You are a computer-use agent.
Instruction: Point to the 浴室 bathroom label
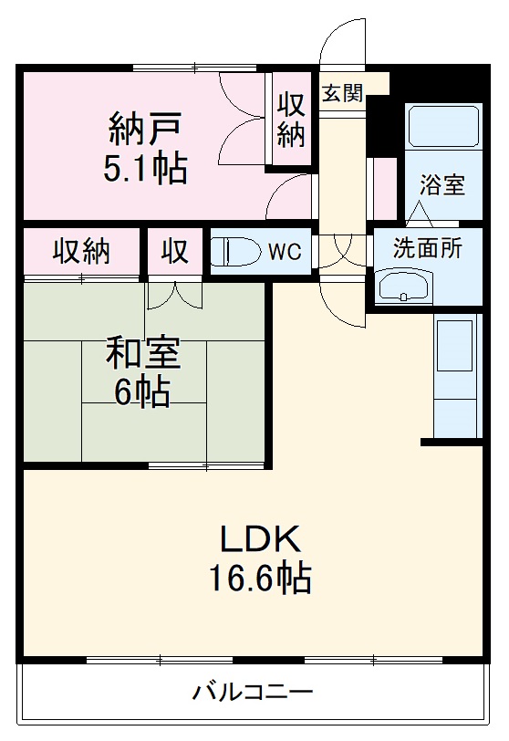442,185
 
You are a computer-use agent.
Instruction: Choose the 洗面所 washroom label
427,248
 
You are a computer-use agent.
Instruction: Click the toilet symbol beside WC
235,252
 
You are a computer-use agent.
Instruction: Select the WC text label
284,253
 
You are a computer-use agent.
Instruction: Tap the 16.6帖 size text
258,579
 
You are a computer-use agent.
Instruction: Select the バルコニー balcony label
253,692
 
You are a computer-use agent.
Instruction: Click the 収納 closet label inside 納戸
292,120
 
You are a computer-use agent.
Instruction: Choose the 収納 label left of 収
80,251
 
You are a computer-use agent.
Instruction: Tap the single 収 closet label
175,251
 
